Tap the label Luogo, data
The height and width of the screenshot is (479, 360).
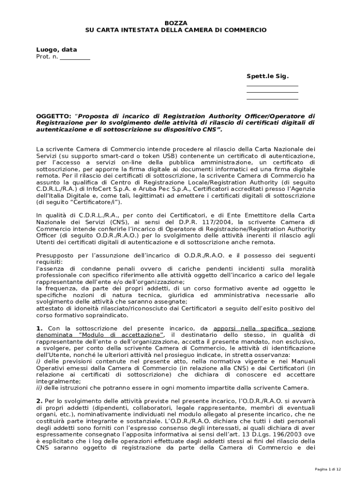[x=57, y=50]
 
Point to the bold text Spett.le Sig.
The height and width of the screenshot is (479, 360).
[x=268, y=76]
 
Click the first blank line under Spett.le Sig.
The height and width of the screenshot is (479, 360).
[x=272, y=86]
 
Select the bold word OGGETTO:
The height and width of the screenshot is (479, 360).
[x=54, y=116]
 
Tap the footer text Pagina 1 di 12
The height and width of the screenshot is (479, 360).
[x=328, y=469]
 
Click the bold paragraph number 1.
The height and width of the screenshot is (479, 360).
[x=39, y=328]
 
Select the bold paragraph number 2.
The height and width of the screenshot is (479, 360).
[x=39, y=401]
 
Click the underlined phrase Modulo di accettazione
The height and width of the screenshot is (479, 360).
[x=121, y=335]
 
